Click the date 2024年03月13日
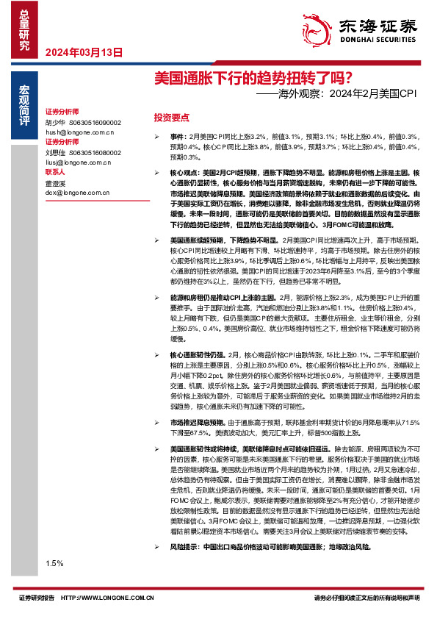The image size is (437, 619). (x=83, y=52)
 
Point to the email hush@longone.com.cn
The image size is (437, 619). (x=78, y=132)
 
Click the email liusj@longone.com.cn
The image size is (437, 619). (x=76, y=161)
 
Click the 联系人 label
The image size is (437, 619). (x=56, y=172)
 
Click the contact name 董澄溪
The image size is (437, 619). (x=57, y=182)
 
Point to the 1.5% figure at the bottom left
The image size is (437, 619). (x=54, y=562)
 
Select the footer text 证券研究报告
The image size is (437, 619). (x=37, y=598)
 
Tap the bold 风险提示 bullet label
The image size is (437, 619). (x=183, y=548)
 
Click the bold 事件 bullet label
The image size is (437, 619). (x=178, y=137)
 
